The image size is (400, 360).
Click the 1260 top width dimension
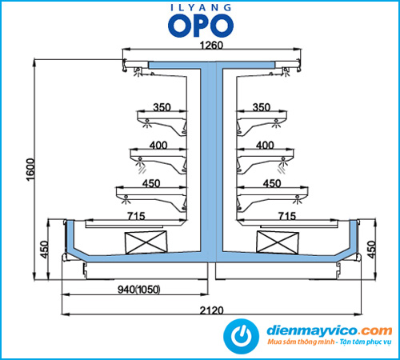[211, 45]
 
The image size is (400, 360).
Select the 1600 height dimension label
[30, 170]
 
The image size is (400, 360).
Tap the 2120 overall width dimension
[211, 310]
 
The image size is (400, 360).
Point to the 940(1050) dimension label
[139, 290]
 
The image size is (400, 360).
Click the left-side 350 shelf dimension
[162, 107]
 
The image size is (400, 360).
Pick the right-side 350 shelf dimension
[262, 107]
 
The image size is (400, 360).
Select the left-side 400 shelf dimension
[158, 146]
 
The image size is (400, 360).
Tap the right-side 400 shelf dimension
[265, 146]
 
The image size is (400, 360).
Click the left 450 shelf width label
[151, 183]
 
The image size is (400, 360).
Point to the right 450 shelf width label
[272, 183]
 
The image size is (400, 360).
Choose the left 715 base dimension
[136, 216]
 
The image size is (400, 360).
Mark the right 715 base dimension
[287, 216]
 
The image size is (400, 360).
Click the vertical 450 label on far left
[45, 250]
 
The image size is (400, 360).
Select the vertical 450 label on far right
[371, 250]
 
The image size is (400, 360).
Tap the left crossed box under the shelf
[146, 242]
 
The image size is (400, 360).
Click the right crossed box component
[278, 242]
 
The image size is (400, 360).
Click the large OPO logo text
[201, 26]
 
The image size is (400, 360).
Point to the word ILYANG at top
[201, 7]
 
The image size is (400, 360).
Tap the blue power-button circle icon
[241, 336]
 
